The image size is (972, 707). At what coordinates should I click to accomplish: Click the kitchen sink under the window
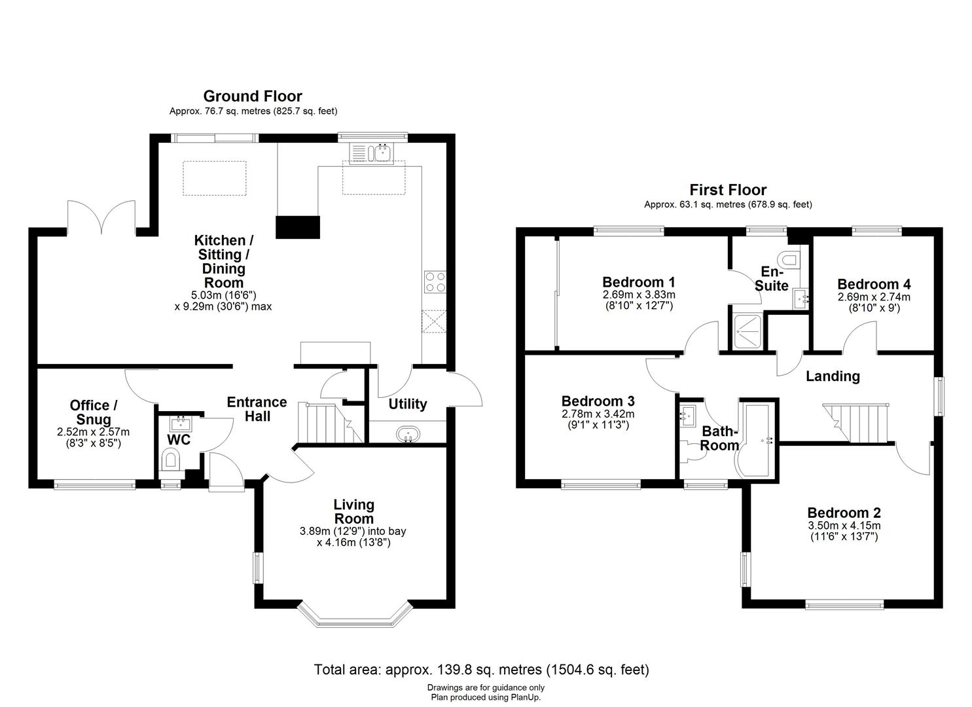tap(380, 153)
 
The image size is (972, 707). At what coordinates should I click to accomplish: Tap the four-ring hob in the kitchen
tap(435, 281)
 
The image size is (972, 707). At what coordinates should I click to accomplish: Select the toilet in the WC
tap(170, 460)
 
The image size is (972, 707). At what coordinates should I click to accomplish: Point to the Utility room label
tap(407, 404)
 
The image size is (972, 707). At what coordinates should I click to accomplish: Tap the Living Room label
tap(353, 511)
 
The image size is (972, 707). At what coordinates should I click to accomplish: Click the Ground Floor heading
tap(253, 96)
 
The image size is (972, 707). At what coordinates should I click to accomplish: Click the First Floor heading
tap(727, 190)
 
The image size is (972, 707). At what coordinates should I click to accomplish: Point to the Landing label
tap(832, 376)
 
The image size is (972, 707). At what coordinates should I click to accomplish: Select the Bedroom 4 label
tap(873, 284)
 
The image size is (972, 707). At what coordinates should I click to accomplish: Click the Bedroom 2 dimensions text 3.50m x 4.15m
tap(843, 526)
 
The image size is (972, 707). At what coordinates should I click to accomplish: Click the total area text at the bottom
tap(481, 670)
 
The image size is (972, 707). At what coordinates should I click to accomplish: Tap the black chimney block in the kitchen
tap(298, 227)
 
